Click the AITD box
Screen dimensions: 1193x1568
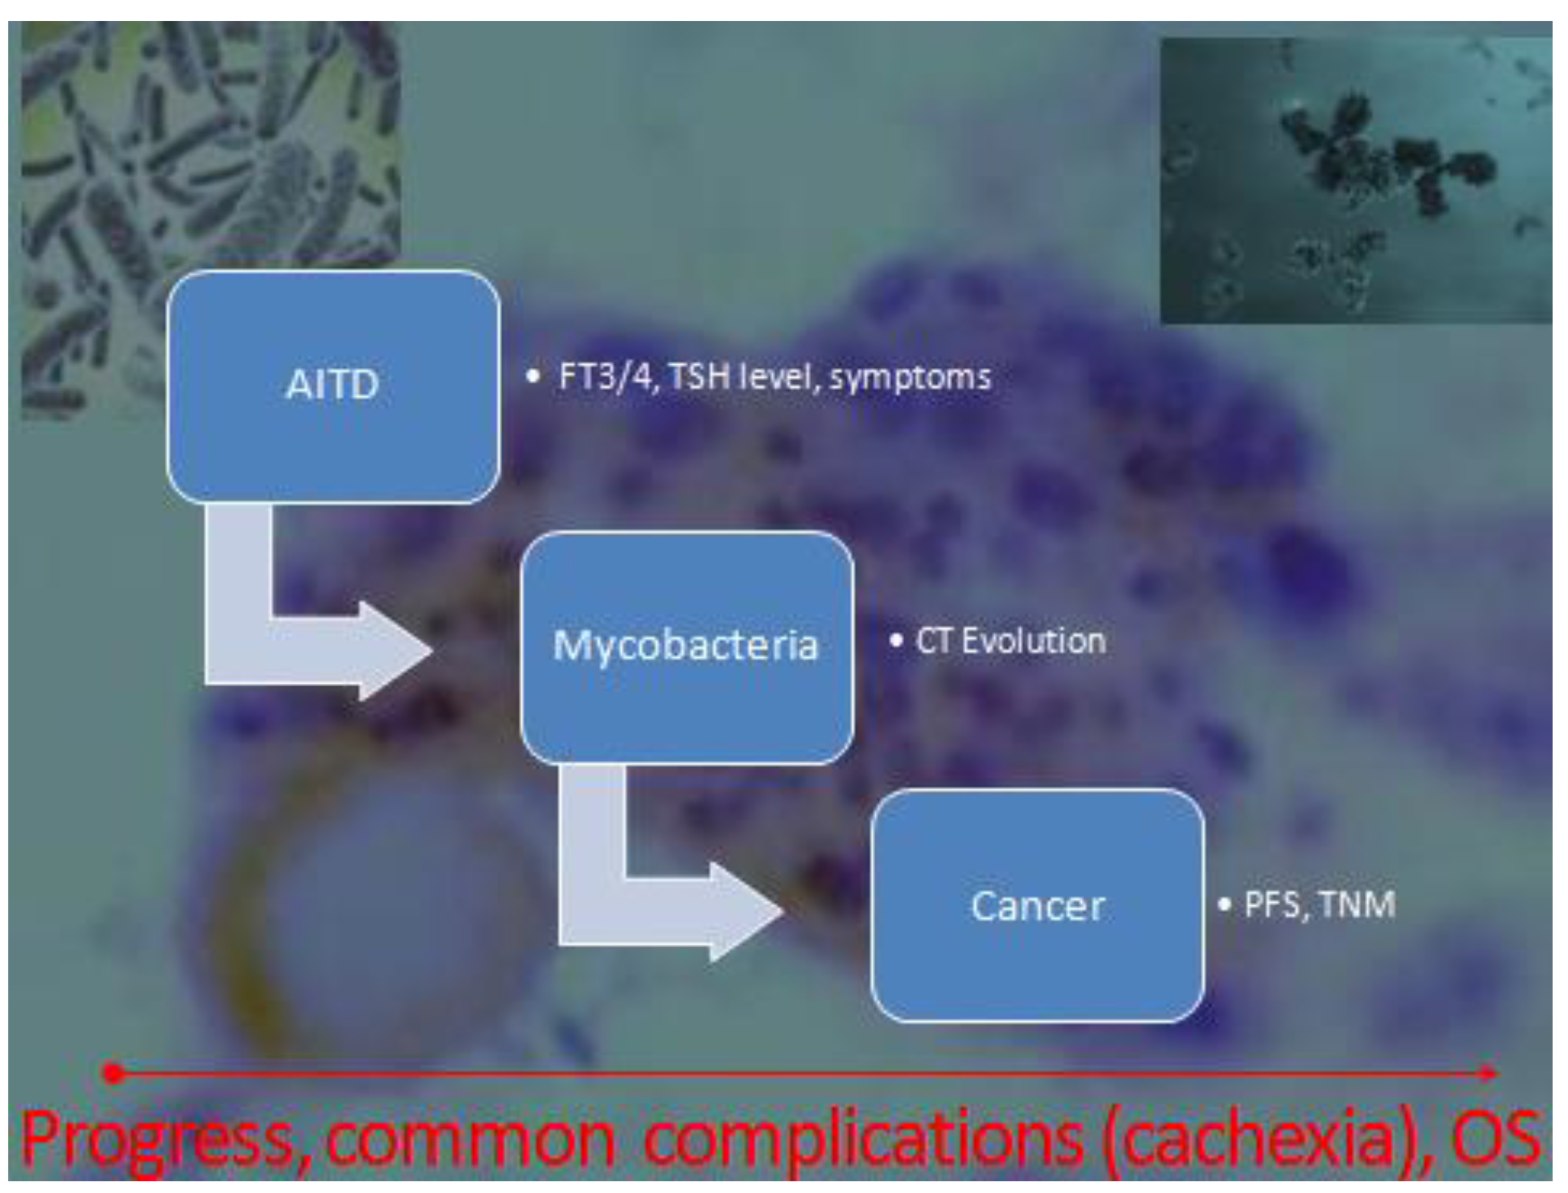coord(333,387)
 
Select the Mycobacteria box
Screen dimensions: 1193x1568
coord(687,647)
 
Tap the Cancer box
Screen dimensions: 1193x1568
coord(1037,906)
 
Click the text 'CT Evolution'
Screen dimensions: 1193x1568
coord(1010,642)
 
